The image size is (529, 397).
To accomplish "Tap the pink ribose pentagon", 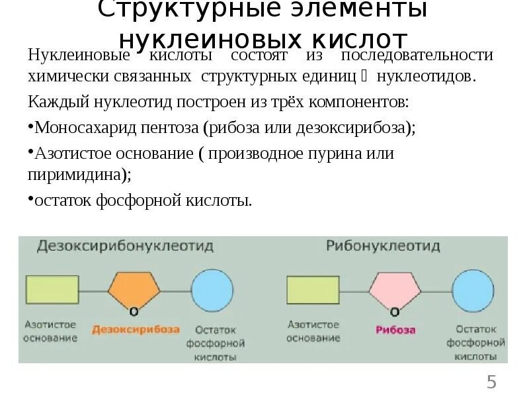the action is click(394, 289).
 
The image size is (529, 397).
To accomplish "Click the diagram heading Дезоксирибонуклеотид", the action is click(124, 246).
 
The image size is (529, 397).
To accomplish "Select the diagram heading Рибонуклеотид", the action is click(383, 246).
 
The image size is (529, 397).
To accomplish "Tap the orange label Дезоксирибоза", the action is click(136, 329).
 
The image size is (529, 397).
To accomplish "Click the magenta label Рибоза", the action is click(395, 329).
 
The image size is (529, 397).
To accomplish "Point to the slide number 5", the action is click(491, 382).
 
